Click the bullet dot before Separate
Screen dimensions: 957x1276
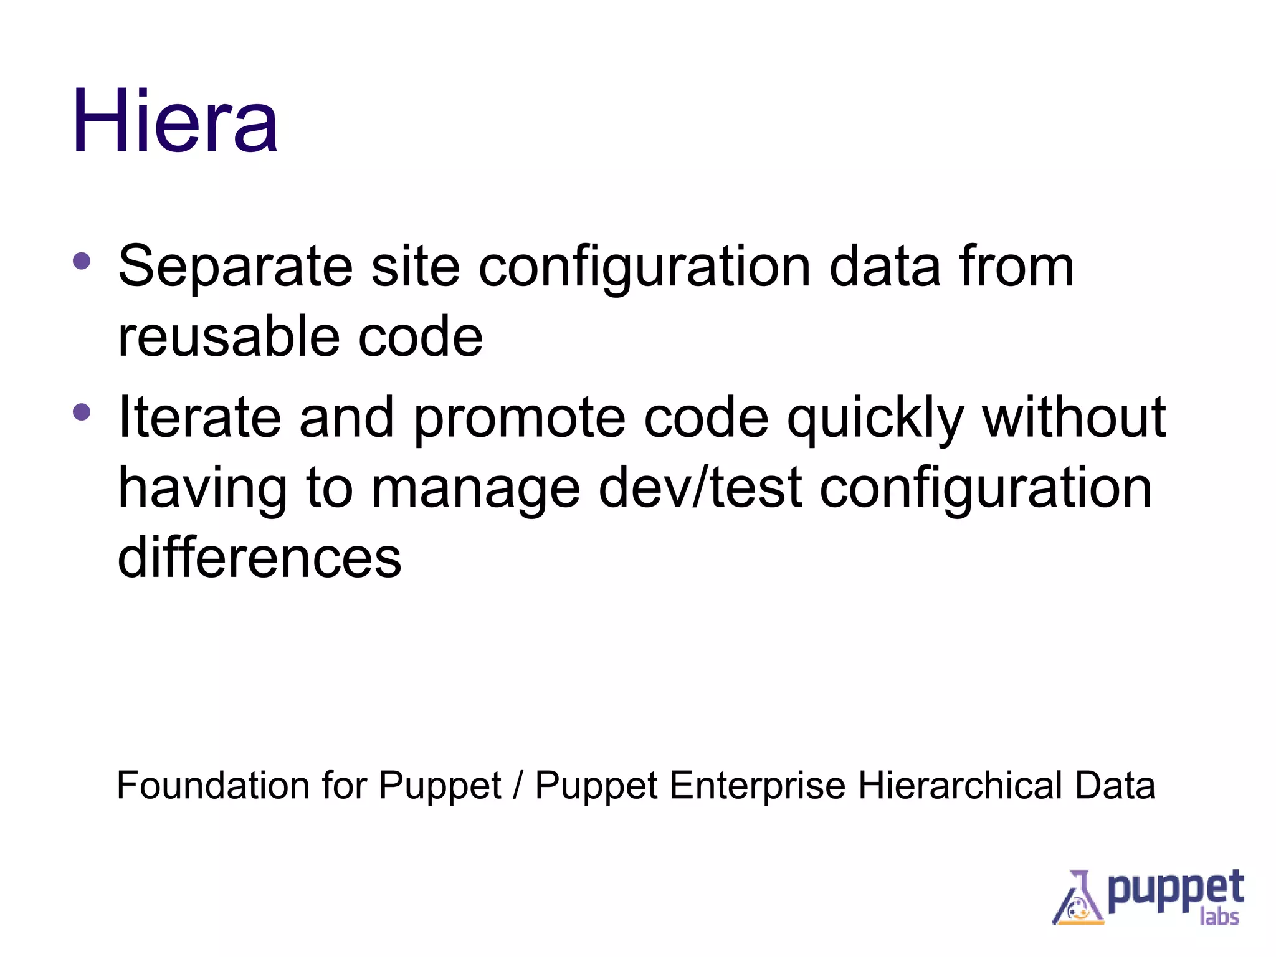click(x=82, y=260)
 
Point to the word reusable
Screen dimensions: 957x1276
click(x=229, y=337)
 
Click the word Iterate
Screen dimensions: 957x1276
click(x=199, y=417)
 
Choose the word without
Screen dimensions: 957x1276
click(x=1074, y=417)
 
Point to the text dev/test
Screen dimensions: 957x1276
click(x=700, y=488)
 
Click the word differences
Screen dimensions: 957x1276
click(x=259, y=558)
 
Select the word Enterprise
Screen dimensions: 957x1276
click(x=757, y=786)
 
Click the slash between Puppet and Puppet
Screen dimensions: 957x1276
click(x=518, y=786)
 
